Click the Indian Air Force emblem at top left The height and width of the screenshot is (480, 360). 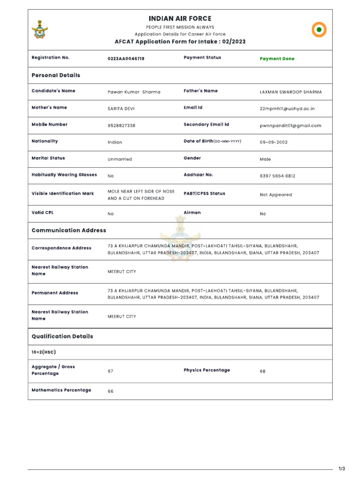pos(40,29)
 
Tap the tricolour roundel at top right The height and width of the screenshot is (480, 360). pos(319,30)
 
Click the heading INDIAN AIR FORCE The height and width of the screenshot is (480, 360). pos(180,18)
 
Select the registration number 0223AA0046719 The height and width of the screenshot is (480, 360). pos(126,59)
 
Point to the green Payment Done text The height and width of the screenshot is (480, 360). pos(277,59)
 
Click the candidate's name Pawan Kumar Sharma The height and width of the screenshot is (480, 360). pos(134,92)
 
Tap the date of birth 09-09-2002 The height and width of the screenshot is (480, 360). pos(274,142)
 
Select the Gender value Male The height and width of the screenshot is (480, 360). pos(265,159)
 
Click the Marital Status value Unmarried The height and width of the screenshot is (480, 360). pos(120,159)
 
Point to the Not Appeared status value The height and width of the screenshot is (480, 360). pos(276,195)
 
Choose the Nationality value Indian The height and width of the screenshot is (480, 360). pos(115,142)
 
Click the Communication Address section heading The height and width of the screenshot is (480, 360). pos(69,230)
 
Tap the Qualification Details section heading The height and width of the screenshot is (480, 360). pos(62,336)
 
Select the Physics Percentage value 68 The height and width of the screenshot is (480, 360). pos(262,371)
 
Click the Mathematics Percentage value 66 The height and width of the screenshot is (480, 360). pos(111,391)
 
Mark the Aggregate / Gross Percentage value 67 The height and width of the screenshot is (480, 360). pos(111,371)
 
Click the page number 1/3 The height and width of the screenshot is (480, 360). pos(342,469)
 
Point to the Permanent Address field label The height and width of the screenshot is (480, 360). pos(55,293)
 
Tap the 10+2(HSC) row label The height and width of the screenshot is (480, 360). pos(44,352)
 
